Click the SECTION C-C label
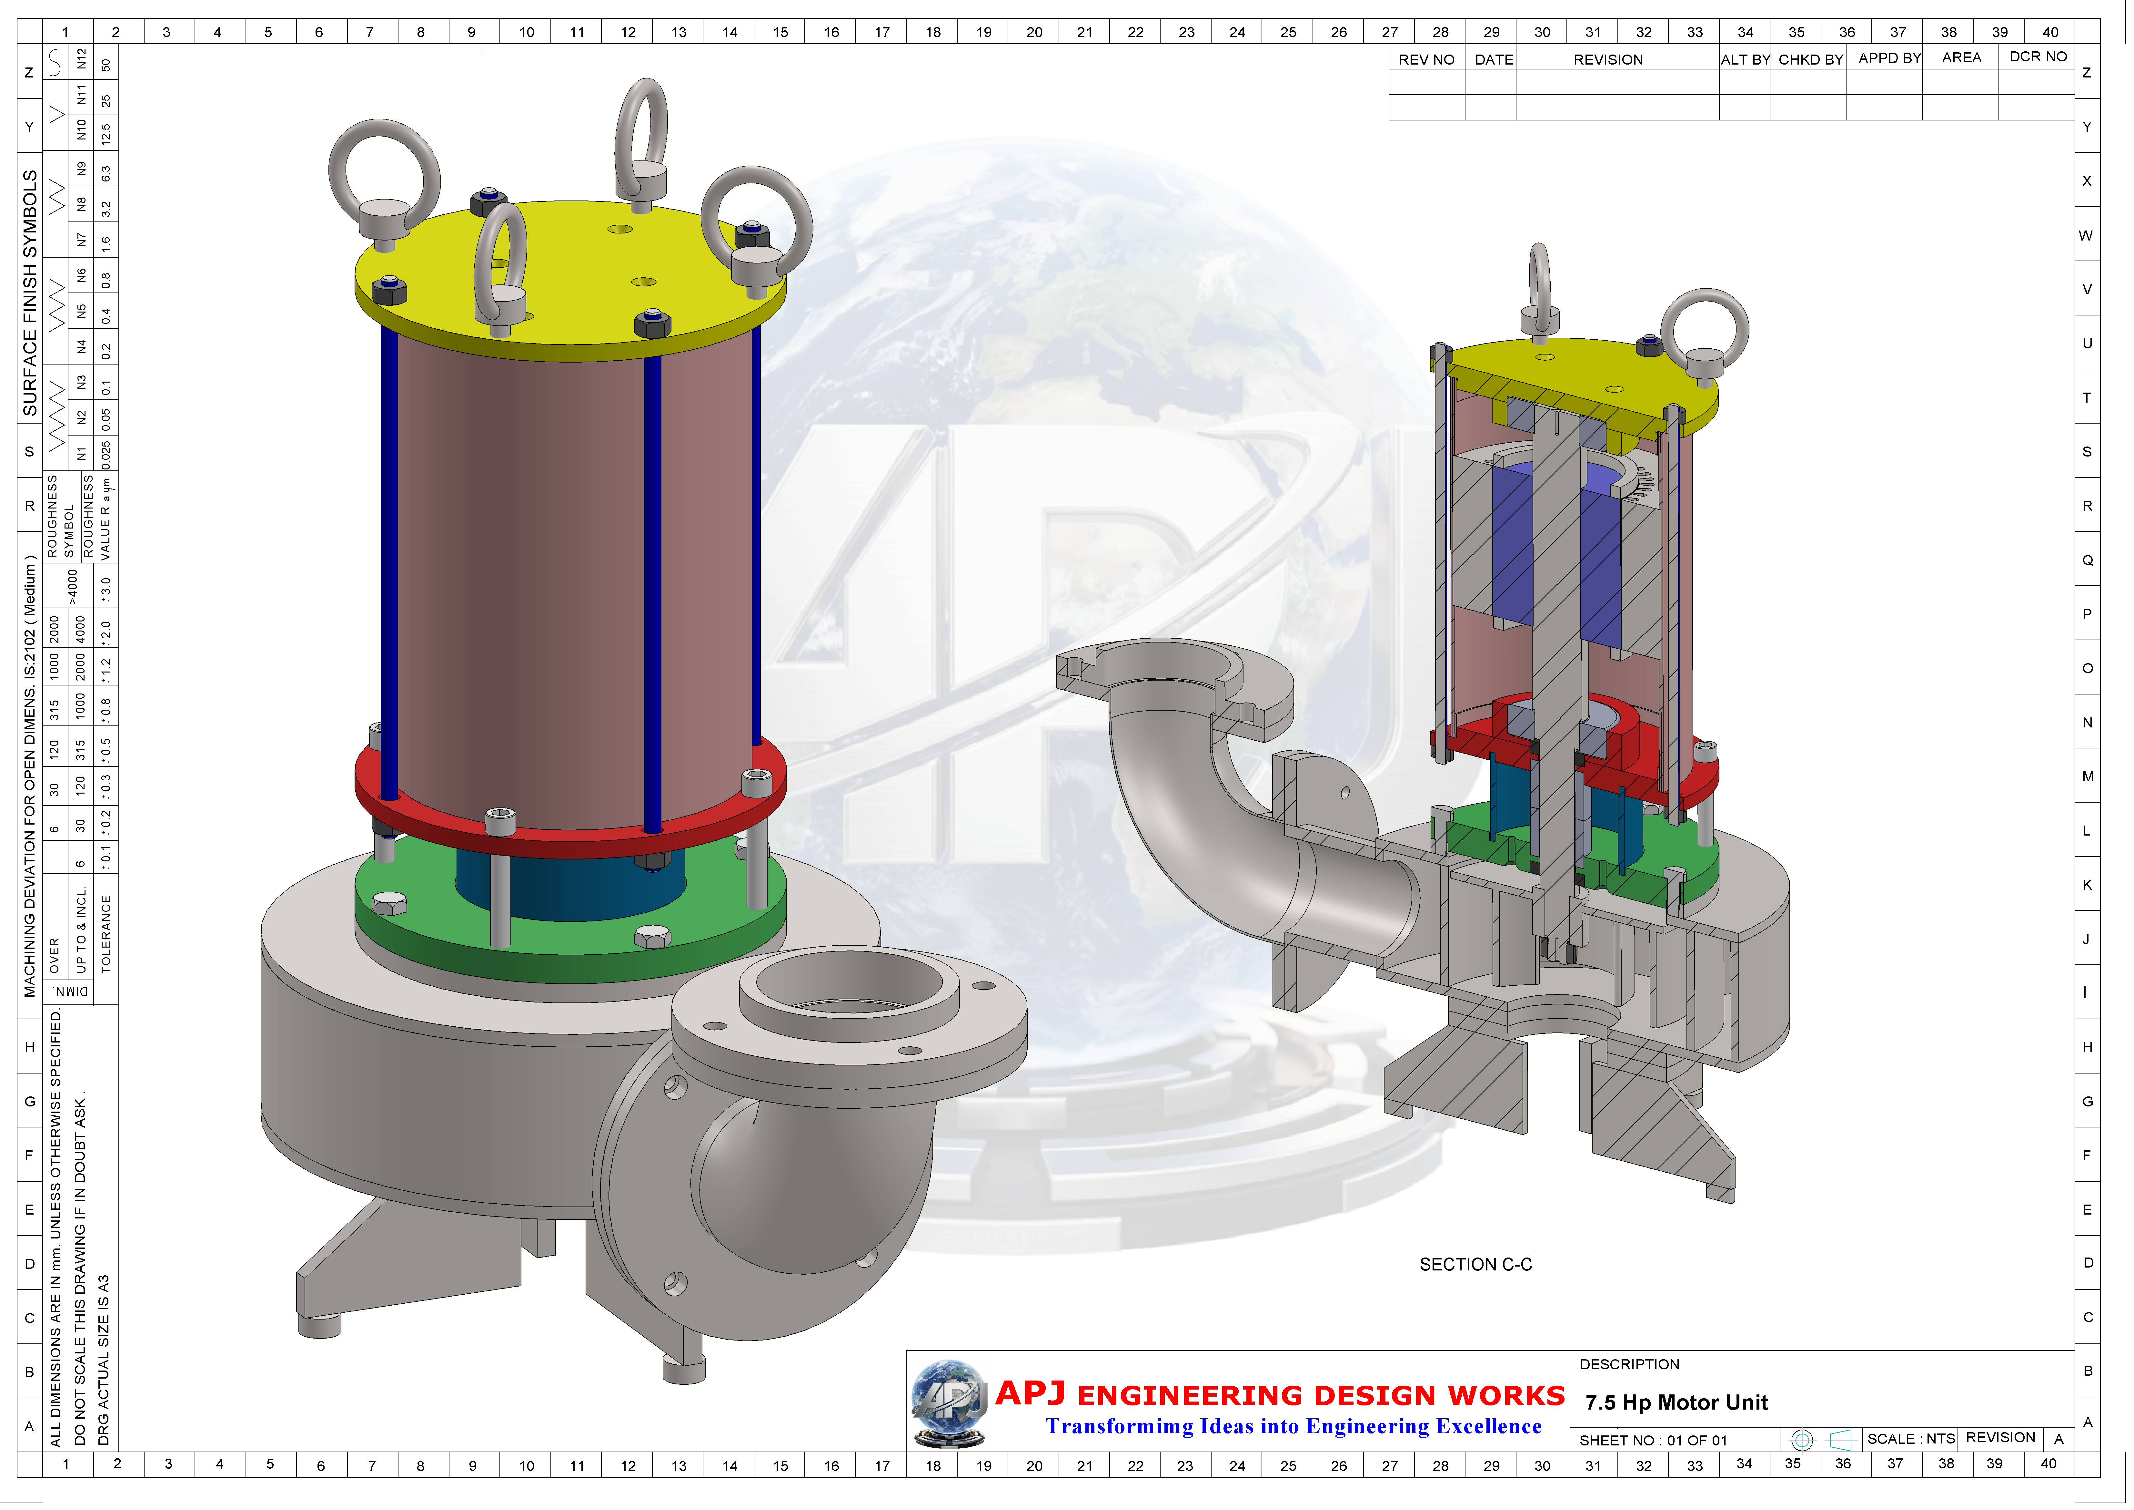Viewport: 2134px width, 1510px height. [x=1475, y=1265]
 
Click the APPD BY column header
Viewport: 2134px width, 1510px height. [x=1889, y=58]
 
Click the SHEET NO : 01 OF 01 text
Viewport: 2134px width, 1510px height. [x=1653, y=1440]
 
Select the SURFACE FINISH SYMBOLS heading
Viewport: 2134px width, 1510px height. [x=30, y=293]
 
